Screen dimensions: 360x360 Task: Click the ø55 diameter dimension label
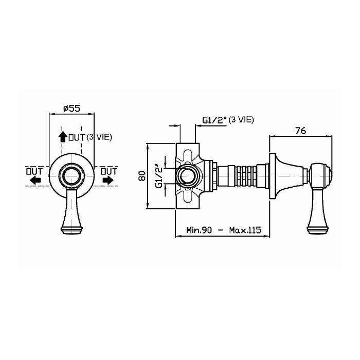tap(72, 108)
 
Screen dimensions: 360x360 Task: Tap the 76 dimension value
tap(300, 131)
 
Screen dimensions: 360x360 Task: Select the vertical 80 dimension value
tap(142, 176)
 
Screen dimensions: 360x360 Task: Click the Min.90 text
tap(199, 230)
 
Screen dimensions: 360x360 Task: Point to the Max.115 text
tap(245, 230)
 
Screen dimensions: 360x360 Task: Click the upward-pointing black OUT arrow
tap(62, 137)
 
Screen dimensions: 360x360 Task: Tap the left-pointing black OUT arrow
tap(35, 180)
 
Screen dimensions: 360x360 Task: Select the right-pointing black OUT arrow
tap(108, 180)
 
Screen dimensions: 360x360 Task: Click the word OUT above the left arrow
tap(34, 171)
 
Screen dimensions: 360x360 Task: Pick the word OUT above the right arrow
tap(109, 171)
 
